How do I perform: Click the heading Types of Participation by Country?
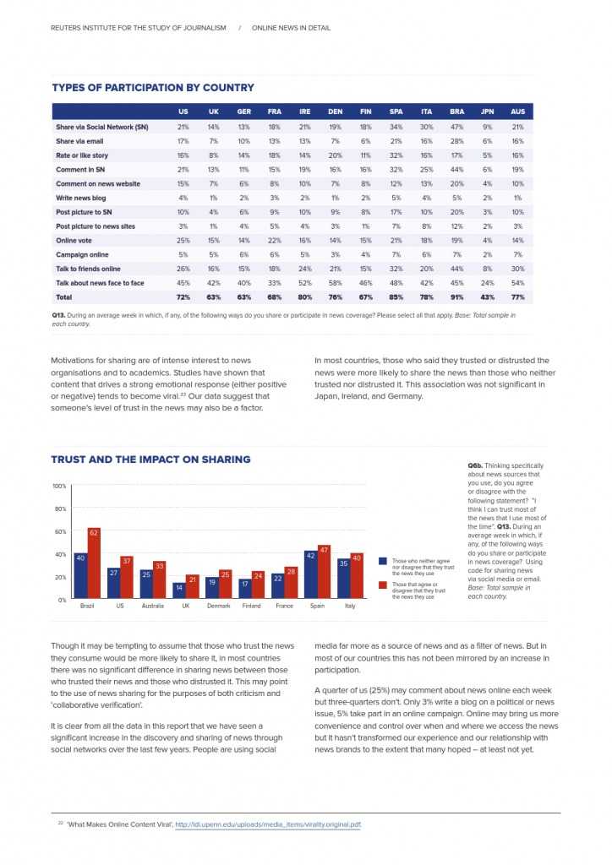click(x=152, y=88)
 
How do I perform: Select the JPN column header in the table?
click(x=487, y=112)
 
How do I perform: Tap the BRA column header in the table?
click(x=456, y=112)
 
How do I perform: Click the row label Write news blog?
click(x=80, y=198)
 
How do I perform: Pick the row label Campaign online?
click(x=82, y=254)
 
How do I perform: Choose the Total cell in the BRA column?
click(x=456, y=297)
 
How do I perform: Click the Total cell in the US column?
click(x=183, y=297)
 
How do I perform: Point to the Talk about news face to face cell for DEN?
click(x=335, y=283)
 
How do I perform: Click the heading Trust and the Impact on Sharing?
click(x=150, y=460)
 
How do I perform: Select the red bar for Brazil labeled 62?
click(x=94, y=563)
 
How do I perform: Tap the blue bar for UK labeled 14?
click(x=178, y=591)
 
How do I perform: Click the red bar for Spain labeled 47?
click(x=323, y=572)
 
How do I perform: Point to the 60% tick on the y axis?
click(x=60, y=531)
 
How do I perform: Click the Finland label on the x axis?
click(x=251, y=607)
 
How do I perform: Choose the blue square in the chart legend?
click(x=383, y=561)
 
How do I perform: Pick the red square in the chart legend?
click(x=383, y=585)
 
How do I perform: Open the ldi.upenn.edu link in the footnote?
click(x=267, y=824)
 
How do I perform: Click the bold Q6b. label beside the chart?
click(x=475, y=465)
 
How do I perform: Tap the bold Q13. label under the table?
click(x=59, y=315)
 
